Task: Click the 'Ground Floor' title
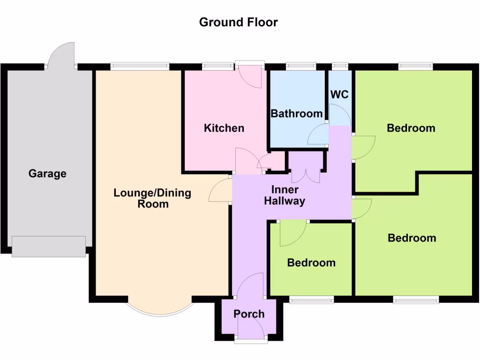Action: [238, 22]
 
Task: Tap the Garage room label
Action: [47, 173]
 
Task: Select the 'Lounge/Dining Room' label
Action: [152, 198]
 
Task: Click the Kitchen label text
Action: [224, 128]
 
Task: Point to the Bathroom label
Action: [296, 113]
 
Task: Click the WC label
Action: [339, 94]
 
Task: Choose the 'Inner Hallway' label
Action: [284, 195]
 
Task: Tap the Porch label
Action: [249, 314]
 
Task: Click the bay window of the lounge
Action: [160, 310]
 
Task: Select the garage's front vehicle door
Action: [49, 247]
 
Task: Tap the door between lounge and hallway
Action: [220, 190]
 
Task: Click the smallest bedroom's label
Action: [311, 262]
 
